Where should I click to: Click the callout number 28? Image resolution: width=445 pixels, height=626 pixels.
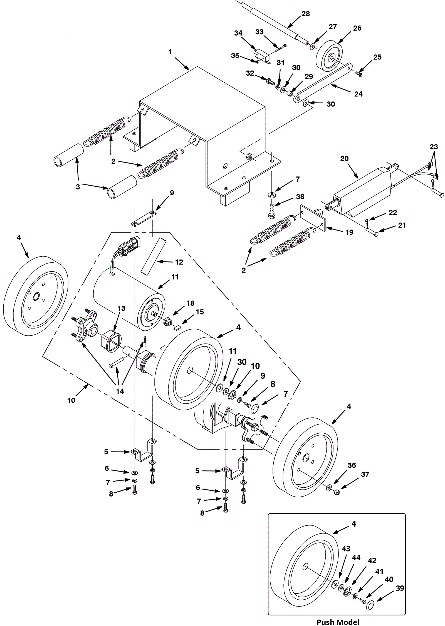[x=306, y=14]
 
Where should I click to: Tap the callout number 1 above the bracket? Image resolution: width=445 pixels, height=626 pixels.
[x=170, y=52]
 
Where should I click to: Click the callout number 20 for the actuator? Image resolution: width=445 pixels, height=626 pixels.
[x=344, y=158]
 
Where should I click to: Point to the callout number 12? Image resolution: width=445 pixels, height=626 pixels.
[x=179, y=262]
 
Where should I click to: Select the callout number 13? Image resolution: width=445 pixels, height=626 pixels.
[x=121, y=308]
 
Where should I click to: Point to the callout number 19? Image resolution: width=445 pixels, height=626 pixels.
[x=349, y=232]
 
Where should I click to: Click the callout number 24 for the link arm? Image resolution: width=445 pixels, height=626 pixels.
[x=358, y=94]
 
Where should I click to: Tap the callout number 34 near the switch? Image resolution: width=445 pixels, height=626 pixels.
[x=238, y=33]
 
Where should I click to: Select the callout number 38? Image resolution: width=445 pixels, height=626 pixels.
[x=300, y=197]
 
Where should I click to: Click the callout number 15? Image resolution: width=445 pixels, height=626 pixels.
[x=200, y=312]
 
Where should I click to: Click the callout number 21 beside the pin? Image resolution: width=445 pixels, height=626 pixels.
[x=402, y=225]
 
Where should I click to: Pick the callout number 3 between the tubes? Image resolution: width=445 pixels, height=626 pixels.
[x=78, y=187]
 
